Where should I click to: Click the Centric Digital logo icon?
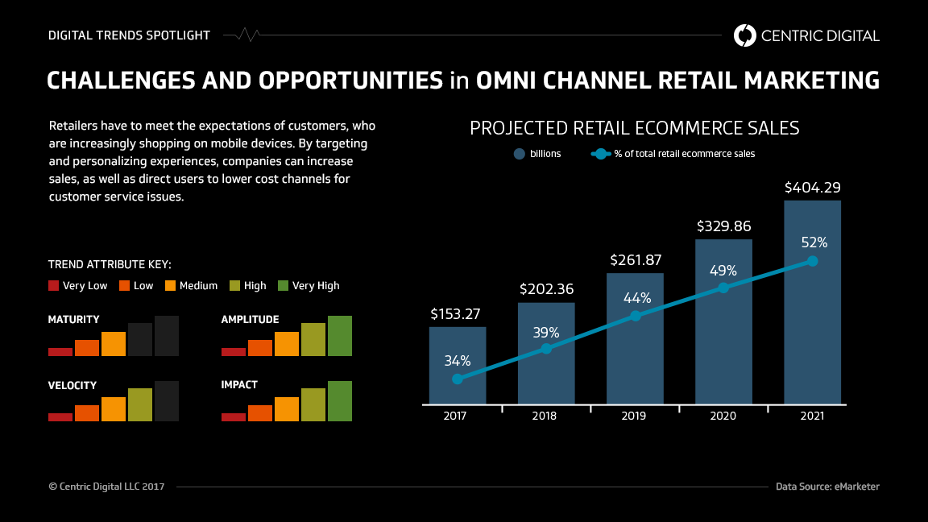745,35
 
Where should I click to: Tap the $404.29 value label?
812,188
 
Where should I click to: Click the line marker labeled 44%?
636,316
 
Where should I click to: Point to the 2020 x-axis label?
723,416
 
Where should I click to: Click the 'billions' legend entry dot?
520,154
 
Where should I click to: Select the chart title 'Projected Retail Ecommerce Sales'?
634,128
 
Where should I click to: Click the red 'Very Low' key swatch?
54,285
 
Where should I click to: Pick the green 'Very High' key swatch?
283,285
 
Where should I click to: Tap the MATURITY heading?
74,320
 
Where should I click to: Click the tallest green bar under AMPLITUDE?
340,336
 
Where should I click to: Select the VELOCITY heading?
72,385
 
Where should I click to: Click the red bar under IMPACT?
234,416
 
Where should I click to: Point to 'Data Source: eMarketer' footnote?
827,487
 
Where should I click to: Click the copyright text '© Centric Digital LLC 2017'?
107,487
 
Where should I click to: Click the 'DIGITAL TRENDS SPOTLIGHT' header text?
129,35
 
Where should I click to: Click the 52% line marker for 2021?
812,261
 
